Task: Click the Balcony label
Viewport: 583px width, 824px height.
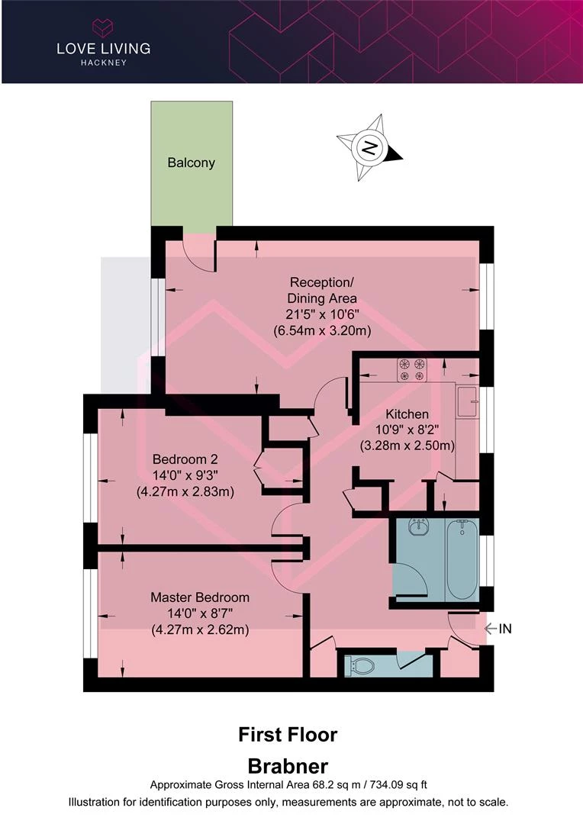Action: coord(191,163)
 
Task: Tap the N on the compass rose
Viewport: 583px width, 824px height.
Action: coord(370,147)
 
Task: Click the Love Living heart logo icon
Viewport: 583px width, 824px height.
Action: coord(103,28)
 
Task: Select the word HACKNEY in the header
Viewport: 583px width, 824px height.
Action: coord(104,63)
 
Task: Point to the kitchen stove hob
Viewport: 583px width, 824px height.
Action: coord(411,369)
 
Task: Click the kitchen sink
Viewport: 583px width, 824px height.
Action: coord(467,402)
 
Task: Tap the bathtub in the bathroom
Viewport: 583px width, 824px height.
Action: coord(462,560)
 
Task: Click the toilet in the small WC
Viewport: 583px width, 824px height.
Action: coord(359,666)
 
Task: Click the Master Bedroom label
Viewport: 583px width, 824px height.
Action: coord(200,597)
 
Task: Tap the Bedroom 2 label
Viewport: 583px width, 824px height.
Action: coord(185,459)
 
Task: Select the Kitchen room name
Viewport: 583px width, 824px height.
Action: coord(407,414)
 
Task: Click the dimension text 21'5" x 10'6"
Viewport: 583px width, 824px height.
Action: coord(322,314)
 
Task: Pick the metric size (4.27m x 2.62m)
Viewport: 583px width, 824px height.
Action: coord(200,629)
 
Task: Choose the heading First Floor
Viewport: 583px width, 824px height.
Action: coord(288,734)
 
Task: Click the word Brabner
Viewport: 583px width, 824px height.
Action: coord(288,766)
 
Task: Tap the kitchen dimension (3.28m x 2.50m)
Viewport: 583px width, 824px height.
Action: coord(407,446)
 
